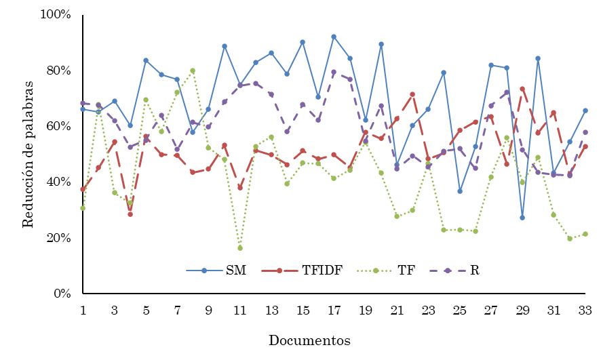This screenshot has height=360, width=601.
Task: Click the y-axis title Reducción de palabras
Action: (x=28, y=154)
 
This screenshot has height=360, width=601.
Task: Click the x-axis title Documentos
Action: (x=309, y=340)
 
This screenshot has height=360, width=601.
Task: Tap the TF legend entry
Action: (x=406, y=271)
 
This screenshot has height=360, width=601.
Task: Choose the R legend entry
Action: (x=474, y=271)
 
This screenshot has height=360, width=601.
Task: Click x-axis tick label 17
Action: (x=334, y=310)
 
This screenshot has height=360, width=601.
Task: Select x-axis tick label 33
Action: (x=585, y=310)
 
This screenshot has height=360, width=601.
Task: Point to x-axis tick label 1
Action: (x=83, y=310)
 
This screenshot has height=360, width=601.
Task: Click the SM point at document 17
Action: (x=334, y=37)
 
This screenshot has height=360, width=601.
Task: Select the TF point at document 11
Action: (x=240, y=248)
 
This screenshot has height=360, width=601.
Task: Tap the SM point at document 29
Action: (x=522, y=218)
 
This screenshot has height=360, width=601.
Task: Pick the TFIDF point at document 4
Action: (x=130, y=214)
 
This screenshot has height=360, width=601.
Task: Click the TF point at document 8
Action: (x=193, y=71)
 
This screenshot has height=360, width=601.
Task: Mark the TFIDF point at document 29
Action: (x=522, y=89)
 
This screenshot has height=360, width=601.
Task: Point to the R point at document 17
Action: (x=334, y=72)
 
